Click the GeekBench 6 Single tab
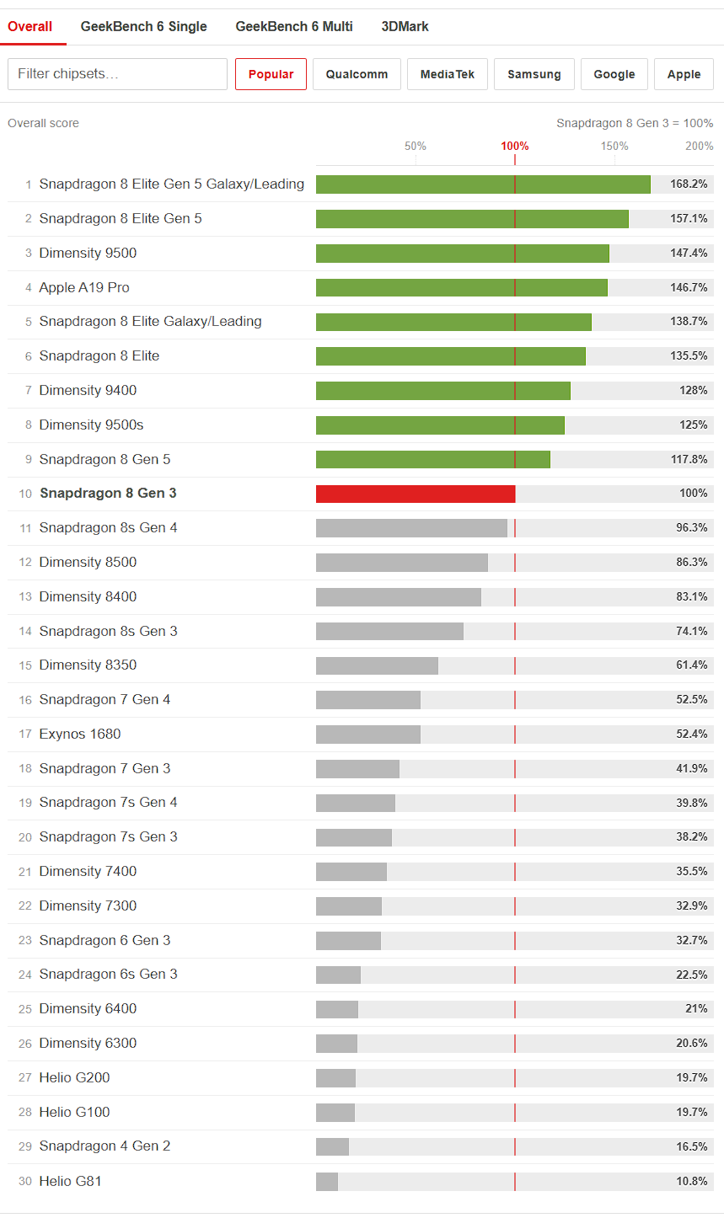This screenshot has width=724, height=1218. [143, 27]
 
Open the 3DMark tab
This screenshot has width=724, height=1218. [405, 27]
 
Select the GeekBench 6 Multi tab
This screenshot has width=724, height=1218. [294, 27]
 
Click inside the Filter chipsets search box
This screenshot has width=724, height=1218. [117, 74]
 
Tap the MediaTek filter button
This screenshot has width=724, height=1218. [448, 74]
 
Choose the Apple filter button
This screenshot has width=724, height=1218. [684, 74]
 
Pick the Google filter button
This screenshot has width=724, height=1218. [614, 74]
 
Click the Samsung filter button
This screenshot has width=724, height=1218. [534, 74]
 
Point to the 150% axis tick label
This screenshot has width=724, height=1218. [614, 146]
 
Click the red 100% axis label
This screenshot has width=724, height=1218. [515, 146]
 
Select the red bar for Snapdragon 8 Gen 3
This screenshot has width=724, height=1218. [416, 494]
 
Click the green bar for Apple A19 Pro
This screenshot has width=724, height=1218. [462, 287]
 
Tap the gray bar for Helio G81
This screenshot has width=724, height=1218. [327, 1181]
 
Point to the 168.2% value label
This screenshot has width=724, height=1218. [689, 184]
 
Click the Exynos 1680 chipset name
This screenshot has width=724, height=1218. [80, 734]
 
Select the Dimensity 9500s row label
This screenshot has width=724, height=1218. [91, 425]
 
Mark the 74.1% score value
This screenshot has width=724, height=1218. [691, 631]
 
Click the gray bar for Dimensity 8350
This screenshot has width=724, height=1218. [377, 665]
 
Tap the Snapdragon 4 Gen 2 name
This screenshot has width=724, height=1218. [105, 1146]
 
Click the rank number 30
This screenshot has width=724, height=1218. [25, 1181]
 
